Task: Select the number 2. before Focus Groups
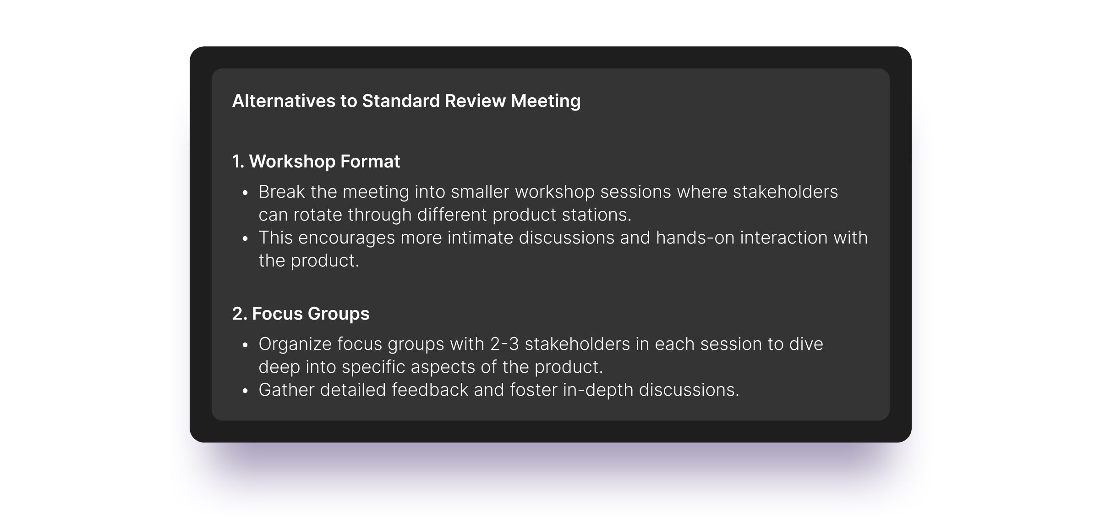[240, 314]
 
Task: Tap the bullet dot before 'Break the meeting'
[245, 193]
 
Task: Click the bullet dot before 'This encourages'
[245, 239]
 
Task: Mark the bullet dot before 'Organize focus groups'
[245, 345]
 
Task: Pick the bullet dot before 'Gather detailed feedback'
[245, 391]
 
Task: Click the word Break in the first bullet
[282, 192]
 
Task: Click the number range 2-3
[504, 344]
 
